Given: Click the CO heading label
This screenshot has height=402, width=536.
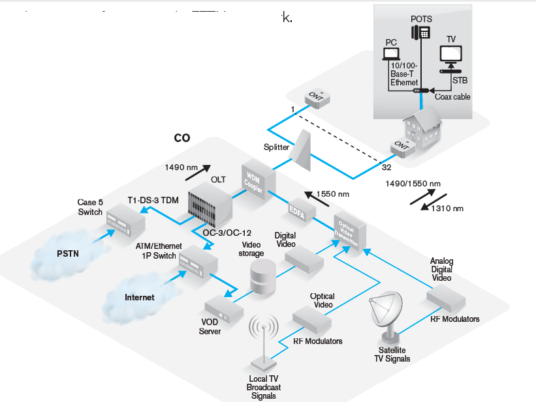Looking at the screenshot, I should [x=181, y=139].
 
